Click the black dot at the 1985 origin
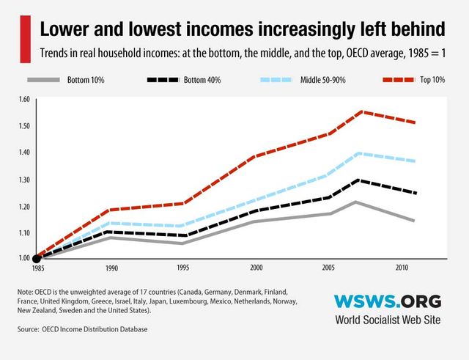click(x=37, y=258)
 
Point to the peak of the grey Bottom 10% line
click(x=356, y=202)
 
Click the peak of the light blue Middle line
click(x=359, y=153)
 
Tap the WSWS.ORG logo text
click(x=388, y=301)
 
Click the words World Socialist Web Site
click(x=388, y=320)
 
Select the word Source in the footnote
click(x=29, y=329)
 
